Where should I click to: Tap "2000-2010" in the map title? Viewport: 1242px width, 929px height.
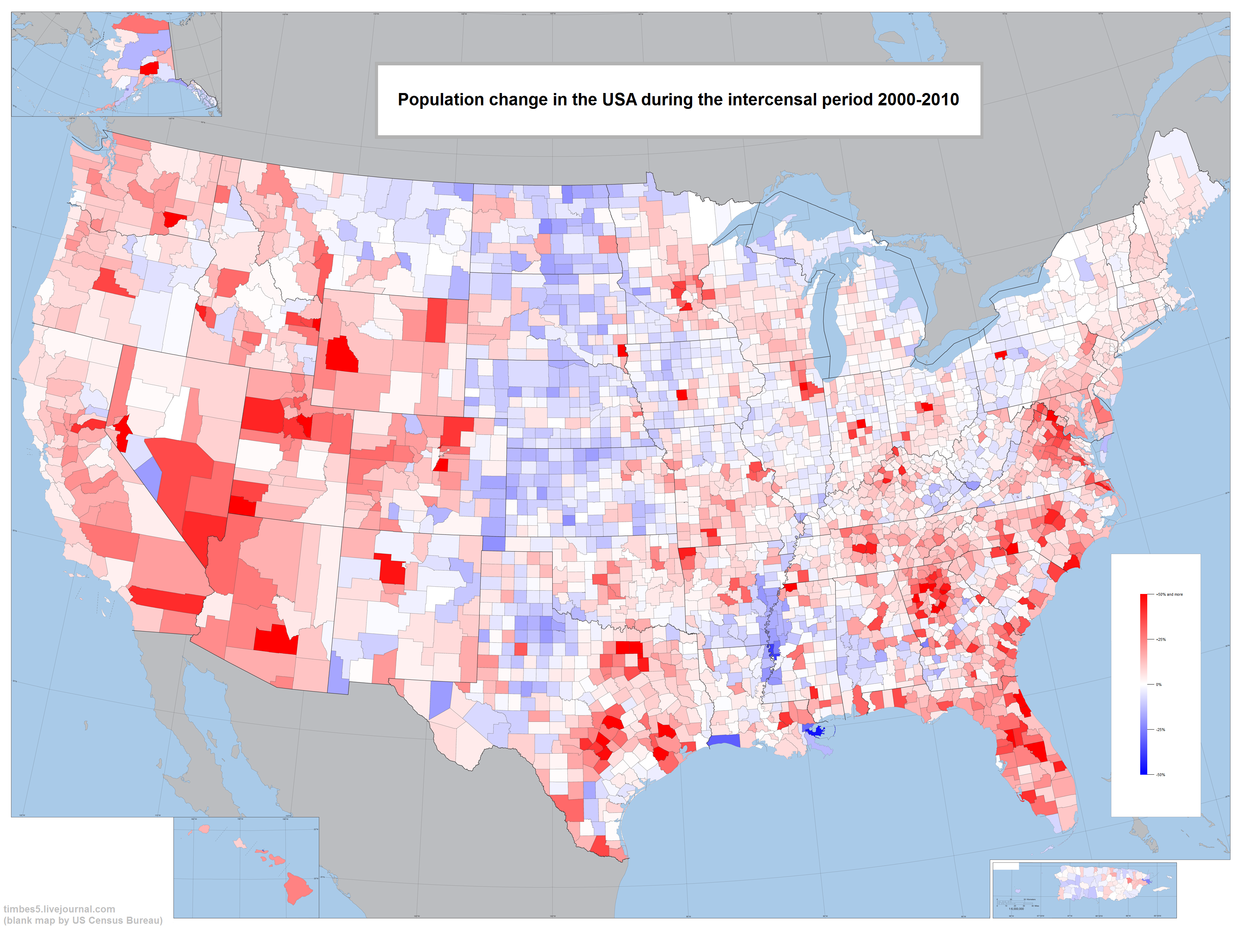click(x=918, y=100)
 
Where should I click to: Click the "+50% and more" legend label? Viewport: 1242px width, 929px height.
click(x=1169, y=594)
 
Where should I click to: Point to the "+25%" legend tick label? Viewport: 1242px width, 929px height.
click(x=1161, y=639)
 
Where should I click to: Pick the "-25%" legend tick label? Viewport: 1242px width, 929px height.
click(x=1161, y=730)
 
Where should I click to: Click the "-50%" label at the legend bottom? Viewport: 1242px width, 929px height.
click(x=1161, y=775)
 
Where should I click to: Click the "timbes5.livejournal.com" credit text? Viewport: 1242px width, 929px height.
click(x=59, y=909)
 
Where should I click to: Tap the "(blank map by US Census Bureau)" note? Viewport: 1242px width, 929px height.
click(x=83, y=920)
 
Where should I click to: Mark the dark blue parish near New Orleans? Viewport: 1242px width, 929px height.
click(x=814, y=730)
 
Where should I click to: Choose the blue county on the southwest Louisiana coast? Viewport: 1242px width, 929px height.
click(x=724, y=741)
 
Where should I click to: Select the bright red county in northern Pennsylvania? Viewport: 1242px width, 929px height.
click(x=1001, y=355)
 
